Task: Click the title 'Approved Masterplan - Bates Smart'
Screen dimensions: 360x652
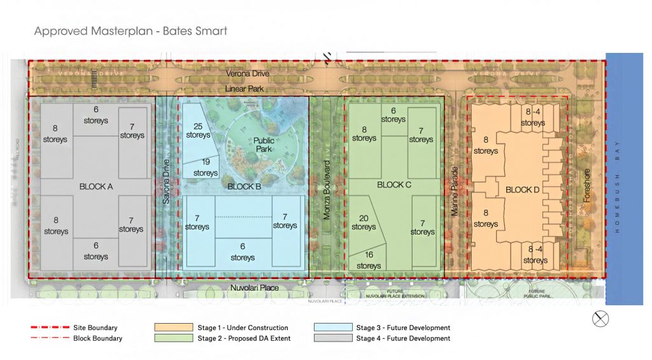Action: pyautogui.click(x=130, y=31)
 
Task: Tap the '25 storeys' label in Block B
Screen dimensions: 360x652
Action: pyautogui.click(x=198, y=131)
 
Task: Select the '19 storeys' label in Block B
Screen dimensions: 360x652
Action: pyautogui.click(x=205, y=168)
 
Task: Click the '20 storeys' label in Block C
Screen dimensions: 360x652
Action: pyautogui.click(x=364, y=222)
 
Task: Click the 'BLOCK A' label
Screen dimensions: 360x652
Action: pyautogui.click(x=96, y=187)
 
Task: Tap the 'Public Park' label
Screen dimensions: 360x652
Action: pyautogui.click(x=263, y=145)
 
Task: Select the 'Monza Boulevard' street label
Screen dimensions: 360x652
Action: pyautogui.click(x=326, y=190)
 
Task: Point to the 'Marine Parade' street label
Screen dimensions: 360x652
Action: pyautogui.click(x=455, y=191)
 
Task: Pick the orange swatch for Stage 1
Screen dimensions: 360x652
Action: pyautogui.click(x=173, y=328)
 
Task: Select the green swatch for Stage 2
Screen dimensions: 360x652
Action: pyautogui.click(x=173, y=338)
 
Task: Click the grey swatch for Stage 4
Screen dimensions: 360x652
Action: pyautogui.click(x=333, y=338)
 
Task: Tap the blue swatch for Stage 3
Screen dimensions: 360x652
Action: pyautogui.click(x=333, y=328)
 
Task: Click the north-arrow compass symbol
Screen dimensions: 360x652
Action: pyautogui.click(x=600, y=319)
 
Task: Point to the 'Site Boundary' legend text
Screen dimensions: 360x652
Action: pyautogui.click(x=96, y=328)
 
